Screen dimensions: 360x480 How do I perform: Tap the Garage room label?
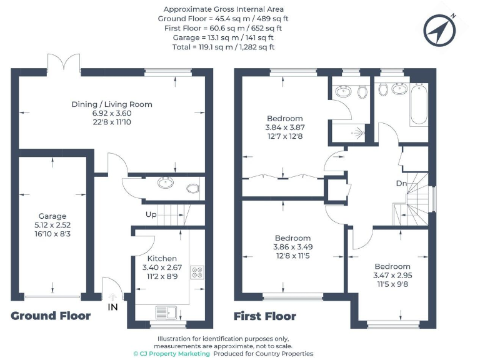point(52,216)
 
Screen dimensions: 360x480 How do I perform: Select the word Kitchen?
point(162,258)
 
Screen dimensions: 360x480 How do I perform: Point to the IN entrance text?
point(112,307)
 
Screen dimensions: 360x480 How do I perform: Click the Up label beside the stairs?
point(151,214)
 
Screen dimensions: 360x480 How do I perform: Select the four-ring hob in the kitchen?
point(197,272)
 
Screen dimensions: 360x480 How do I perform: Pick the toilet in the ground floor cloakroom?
point(192,187)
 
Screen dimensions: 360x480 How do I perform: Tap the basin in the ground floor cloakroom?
point(166,183)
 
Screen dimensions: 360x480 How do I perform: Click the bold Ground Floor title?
point(51,316)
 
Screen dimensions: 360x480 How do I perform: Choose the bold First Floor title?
point(264,316)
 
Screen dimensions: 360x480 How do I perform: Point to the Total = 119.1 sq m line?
point(223,47)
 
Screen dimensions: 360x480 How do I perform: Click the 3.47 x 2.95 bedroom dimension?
point(392,275)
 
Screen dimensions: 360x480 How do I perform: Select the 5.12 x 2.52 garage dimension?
point(52,225)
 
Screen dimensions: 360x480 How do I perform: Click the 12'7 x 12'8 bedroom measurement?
point(284,136)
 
